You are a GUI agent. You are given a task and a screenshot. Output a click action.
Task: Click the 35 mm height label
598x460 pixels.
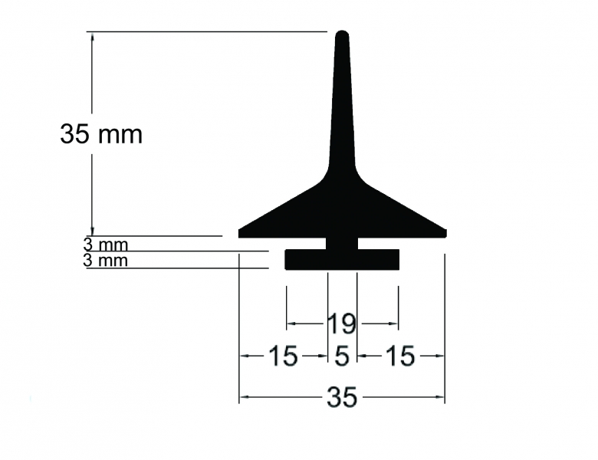pyautogui.click(x=101, y=134)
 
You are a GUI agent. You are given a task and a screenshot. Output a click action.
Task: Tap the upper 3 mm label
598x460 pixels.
pyautogui.click(x=105, y=245)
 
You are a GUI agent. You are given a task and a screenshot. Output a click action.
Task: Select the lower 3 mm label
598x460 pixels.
pyautogui.click(x=105, y=260)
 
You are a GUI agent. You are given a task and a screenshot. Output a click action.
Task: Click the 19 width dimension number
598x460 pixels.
pyautogui.click(x=342, y=324)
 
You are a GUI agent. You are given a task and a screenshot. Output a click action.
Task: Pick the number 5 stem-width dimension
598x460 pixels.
pyautogui.click(x=342, y=356)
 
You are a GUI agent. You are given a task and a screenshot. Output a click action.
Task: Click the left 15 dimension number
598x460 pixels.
pyautogui.click(x=283, y=356)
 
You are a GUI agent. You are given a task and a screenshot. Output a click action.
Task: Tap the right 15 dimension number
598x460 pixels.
pyautogui.click(x=400, y=356)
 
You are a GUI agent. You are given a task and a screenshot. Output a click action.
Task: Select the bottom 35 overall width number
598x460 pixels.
pyautogui.click(x=342, y=397)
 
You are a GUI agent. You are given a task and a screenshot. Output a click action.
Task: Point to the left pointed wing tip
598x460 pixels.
pyautogui.click(x=240, y=233)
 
